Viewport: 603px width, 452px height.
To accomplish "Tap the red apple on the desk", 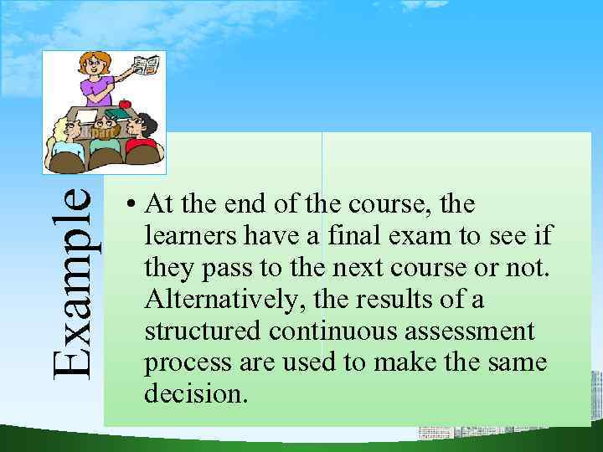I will coord(125,105).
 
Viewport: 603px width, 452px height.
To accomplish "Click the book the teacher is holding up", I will coord(148,65).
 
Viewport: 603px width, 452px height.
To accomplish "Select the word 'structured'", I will coord(204,331).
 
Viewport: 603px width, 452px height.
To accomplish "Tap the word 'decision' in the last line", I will coord(196,393).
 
